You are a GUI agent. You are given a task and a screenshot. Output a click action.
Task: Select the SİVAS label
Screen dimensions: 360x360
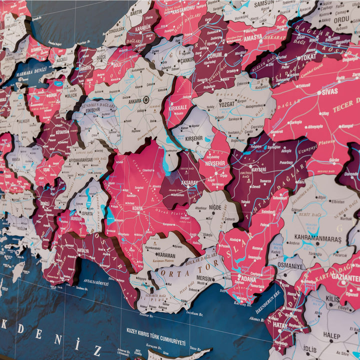329,91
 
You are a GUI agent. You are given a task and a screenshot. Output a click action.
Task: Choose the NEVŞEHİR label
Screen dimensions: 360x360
215,163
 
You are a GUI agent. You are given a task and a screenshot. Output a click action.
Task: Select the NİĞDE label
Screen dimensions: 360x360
215,206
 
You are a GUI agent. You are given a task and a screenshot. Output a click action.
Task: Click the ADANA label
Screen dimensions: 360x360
246,278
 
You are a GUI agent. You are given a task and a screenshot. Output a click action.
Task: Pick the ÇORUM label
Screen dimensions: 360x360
215,55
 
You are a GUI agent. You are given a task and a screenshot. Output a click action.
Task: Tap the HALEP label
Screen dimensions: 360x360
331,334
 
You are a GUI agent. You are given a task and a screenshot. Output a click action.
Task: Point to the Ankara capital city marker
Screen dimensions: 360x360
146,100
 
